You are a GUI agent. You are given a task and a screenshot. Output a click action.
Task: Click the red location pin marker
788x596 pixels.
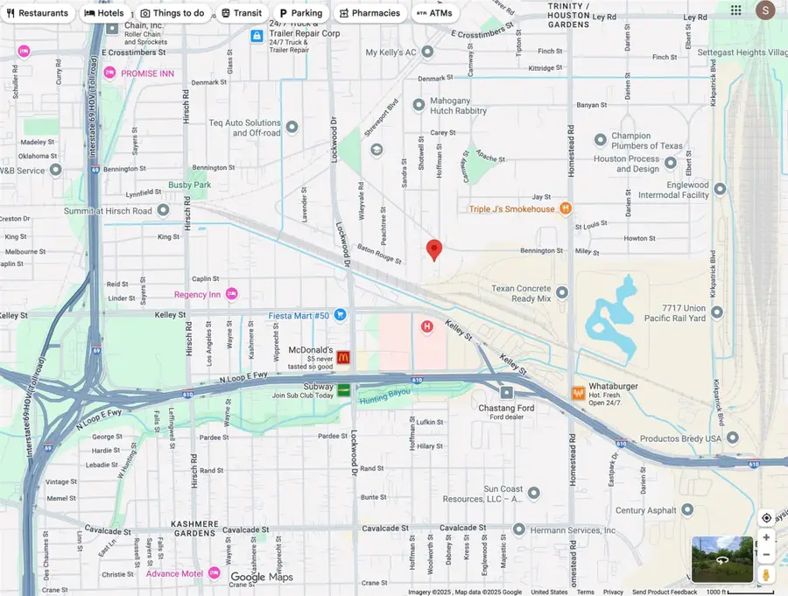pyautogui.click(x=433, y=249)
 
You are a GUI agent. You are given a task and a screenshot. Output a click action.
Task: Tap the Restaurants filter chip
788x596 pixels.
pyautogui.click(x=37, y=13)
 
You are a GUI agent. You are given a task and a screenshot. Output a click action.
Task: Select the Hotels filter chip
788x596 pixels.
pyautogui.click(x=103, y=13)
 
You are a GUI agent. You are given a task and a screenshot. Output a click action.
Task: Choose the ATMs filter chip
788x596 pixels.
pyautogui.click(x=434, y=13)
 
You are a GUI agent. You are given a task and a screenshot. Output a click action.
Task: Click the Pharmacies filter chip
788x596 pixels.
pyautogui.click(x=369, y=13)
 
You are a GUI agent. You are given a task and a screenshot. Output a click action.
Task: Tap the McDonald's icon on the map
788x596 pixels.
pyautogui.click(x=343, y=357)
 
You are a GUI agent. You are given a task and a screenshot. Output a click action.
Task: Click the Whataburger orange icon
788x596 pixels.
pyautogui.click(x=578, y=393)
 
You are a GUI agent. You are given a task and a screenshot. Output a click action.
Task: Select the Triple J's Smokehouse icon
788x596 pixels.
pyautogui.click(x=566, y=208)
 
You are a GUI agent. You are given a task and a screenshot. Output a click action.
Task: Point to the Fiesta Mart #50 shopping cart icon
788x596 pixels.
pyautogui.click(x=340, y=315)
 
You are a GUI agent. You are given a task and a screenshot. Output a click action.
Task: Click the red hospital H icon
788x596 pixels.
pyautogui.click(x=427, y=326)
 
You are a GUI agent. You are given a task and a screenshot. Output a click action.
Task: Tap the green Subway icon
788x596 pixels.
pyautogui.click(x=344, y=389)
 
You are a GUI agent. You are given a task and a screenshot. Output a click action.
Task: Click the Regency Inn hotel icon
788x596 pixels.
pyautogui.click(x=232, y=294)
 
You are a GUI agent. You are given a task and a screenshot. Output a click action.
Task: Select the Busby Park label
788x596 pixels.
pyautogui.click(x=190, y=186)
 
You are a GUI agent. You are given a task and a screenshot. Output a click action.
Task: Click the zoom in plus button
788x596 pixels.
pyautogui.click(x=766, y=537)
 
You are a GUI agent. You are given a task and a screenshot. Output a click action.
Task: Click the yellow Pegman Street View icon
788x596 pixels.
pyautogui.click(x=766, y=574)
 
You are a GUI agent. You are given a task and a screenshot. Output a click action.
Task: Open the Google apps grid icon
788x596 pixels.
pyautogui.click(x=736, y=11)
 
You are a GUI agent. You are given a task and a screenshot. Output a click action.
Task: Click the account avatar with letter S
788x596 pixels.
pyautogui.click(x=765, y=11)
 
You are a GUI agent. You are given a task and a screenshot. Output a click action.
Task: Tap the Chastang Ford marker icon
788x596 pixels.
pyautogui.click(x=507, y=393)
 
